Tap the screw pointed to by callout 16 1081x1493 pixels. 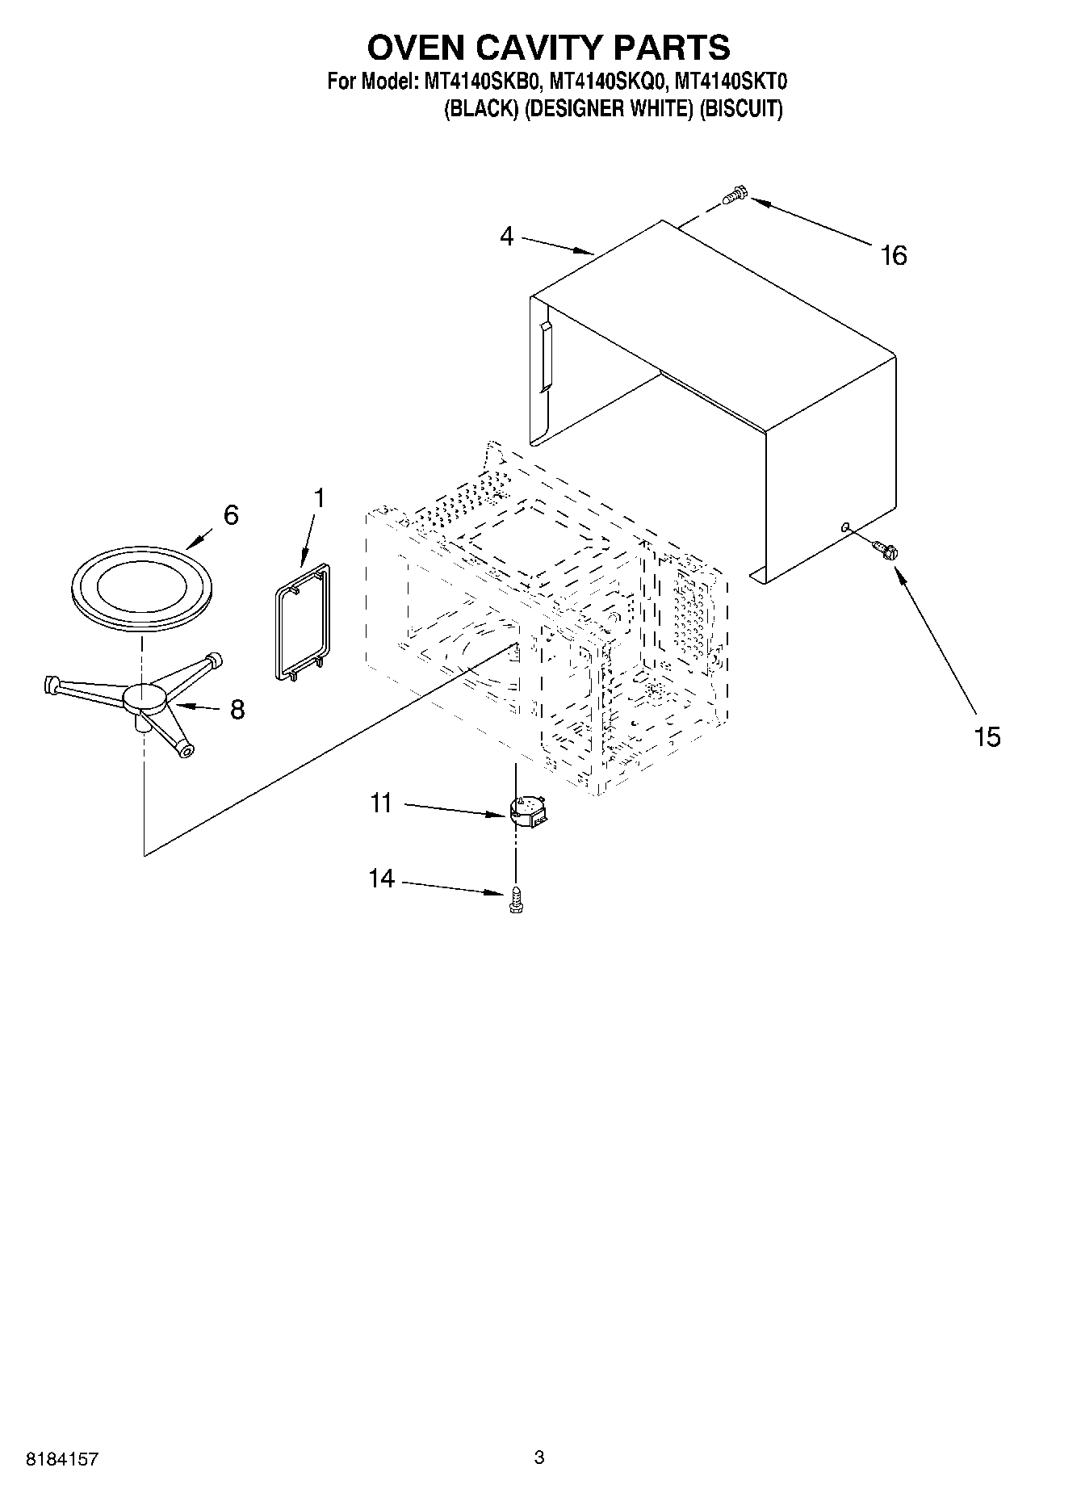coord(735,194)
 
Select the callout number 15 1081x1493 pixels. coord(987,736)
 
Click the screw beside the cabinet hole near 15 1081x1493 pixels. coord(886,551)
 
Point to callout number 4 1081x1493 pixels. coord(506,237)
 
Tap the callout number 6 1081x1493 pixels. coord(231,515)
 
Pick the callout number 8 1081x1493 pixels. coord(237,710)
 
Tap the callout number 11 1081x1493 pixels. coord(381,803)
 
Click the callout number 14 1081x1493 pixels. coord(381,879)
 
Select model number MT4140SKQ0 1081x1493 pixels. coord(608,82)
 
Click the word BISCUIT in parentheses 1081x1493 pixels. coord(741,109)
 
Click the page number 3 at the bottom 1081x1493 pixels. coord(539,1457)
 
